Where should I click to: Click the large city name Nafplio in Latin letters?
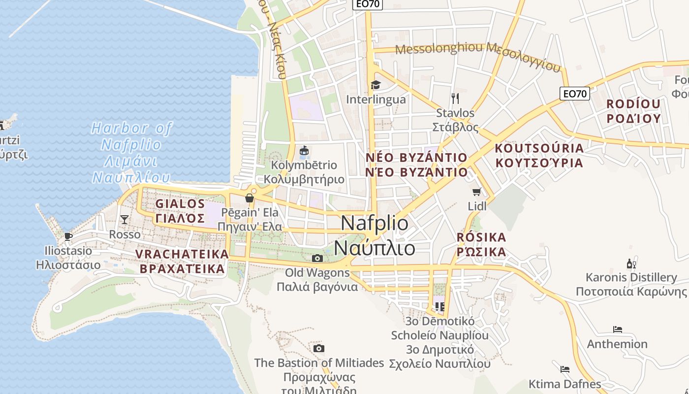[375, 223]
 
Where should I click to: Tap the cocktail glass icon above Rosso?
[125, 219]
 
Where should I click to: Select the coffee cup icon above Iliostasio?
[68, 236]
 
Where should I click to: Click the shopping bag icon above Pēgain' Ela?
[250, 198]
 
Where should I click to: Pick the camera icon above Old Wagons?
[317, 258]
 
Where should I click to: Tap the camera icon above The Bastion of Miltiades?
[319, 349]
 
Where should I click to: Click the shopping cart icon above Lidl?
[476, 192]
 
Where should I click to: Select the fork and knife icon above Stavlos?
[455, 98]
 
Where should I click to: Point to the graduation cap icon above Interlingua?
[376, 85]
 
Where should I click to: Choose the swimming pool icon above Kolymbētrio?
[304, 150]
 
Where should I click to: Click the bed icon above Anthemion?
[617, 329]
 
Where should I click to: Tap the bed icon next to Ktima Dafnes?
[564, 369]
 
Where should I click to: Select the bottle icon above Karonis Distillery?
[631, 263]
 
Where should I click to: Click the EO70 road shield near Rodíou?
[574, 93]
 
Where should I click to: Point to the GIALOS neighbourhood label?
[180, 203]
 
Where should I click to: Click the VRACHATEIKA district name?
[182, 254]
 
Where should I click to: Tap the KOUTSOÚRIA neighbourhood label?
[539, 148]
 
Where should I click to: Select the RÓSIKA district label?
[481, 237]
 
